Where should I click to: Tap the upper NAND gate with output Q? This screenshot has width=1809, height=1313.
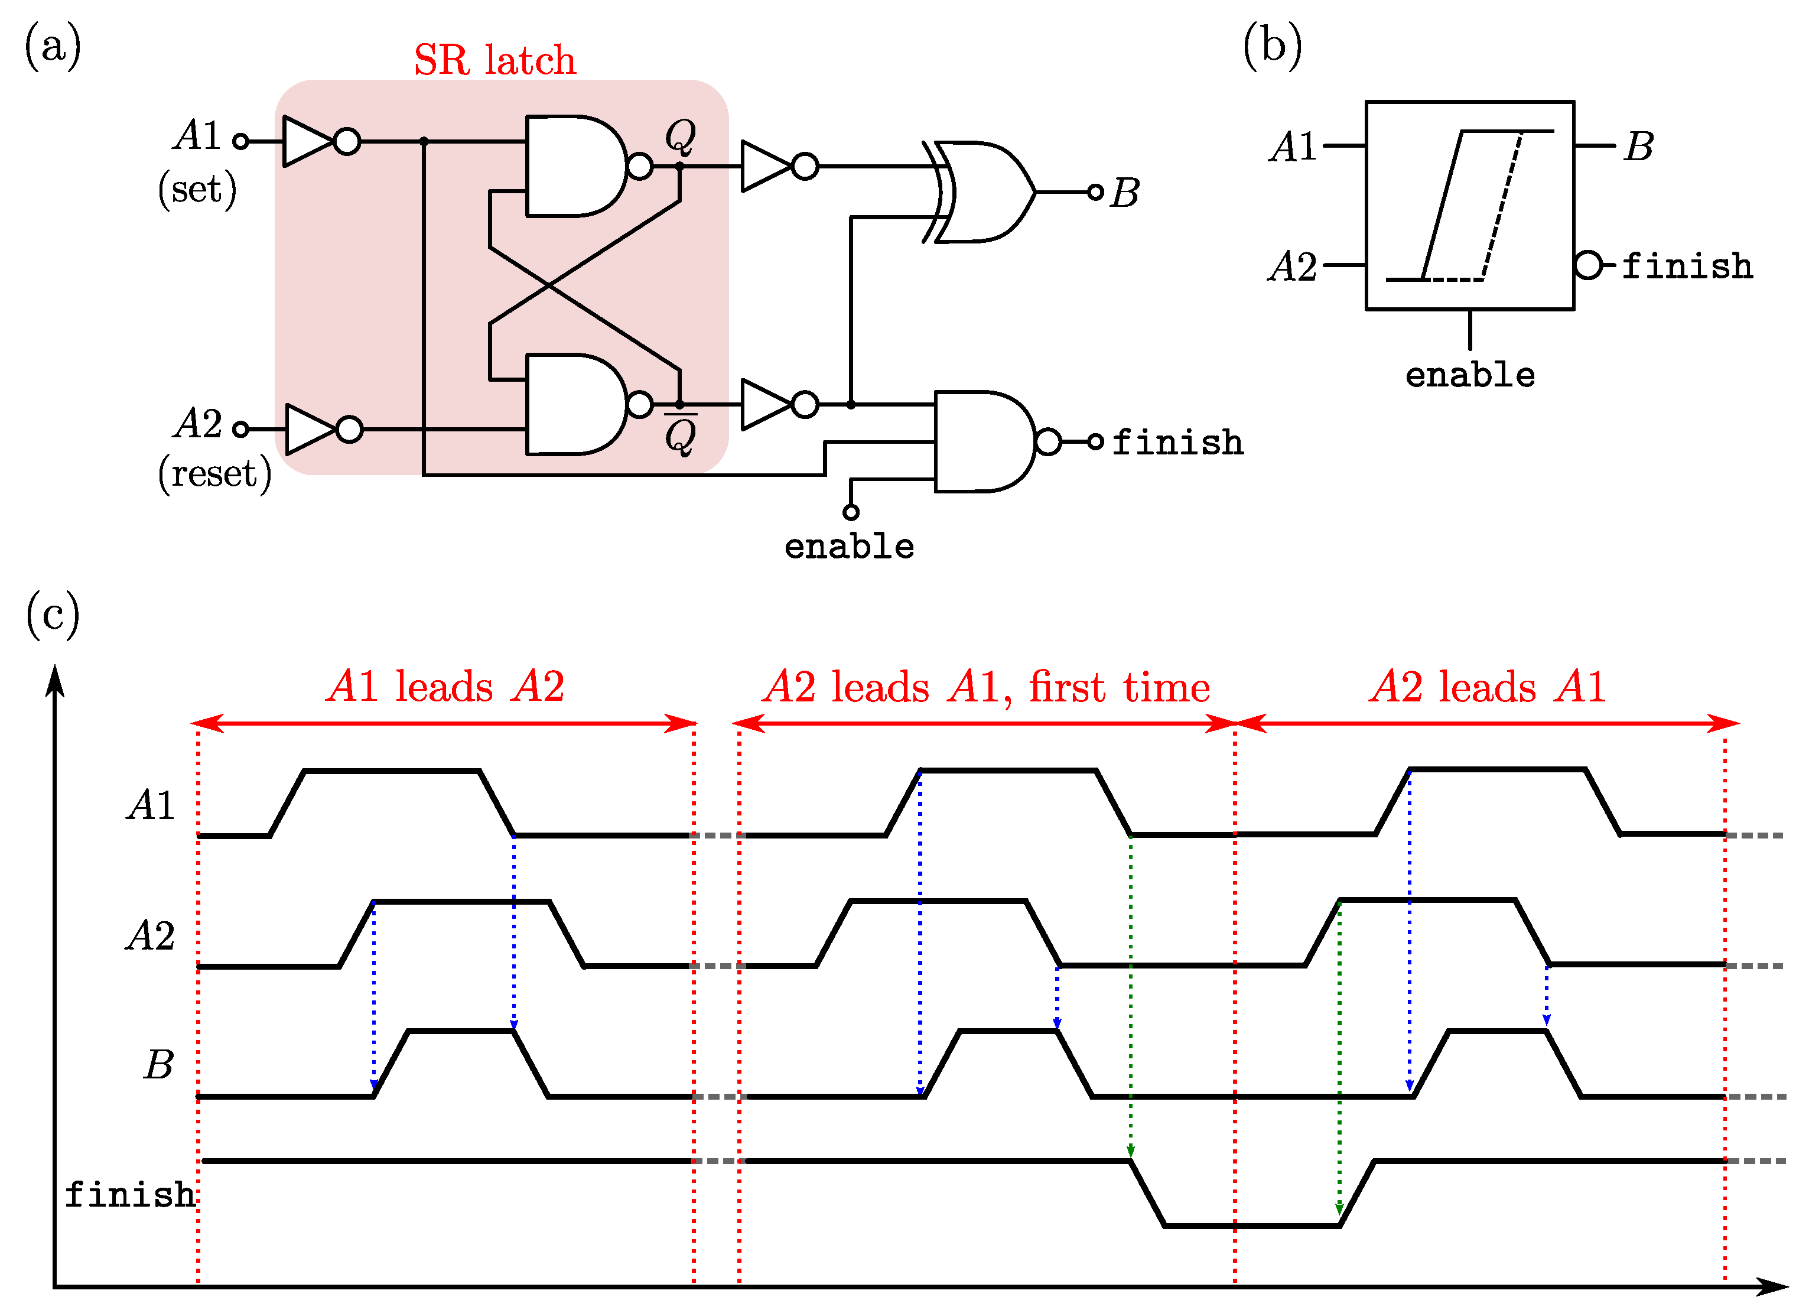pos(576,166)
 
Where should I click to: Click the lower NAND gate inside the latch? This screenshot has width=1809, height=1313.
pos(576,404)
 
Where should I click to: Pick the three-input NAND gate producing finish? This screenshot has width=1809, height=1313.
pos(984,441)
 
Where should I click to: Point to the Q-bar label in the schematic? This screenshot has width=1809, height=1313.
pos(681,435)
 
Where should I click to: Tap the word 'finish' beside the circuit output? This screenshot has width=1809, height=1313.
pos(1177,443)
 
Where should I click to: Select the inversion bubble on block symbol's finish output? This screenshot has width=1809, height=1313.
pos(1588,265)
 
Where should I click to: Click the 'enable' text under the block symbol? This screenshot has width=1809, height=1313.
pos(1469,375)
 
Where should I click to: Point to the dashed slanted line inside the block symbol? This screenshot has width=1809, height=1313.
pos(1502,206)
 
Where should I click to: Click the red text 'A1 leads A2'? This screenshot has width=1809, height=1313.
pos(445,686)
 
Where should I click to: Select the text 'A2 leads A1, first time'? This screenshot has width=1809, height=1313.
pos(986,686)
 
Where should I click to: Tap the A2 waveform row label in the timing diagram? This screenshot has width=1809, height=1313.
pos(150,935)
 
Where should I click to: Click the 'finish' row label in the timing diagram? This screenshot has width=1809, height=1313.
pos(129,1195)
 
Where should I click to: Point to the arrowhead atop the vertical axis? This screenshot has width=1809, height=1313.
pos(54,680)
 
